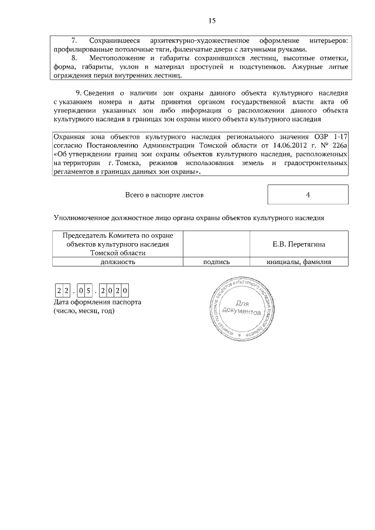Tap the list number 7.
[x=74, y=40]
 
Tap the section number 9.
[x=79, y=93]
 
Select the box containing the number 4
[x=308, y=194]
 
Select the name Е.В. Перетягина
[x=299, y=244]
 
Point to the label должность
[x=118, y=262]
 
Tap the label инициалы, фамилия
[x=299, y=262]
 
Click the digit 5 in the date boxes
[x=88, y=290]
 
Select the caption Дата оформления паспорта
[x=97, y=302]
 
